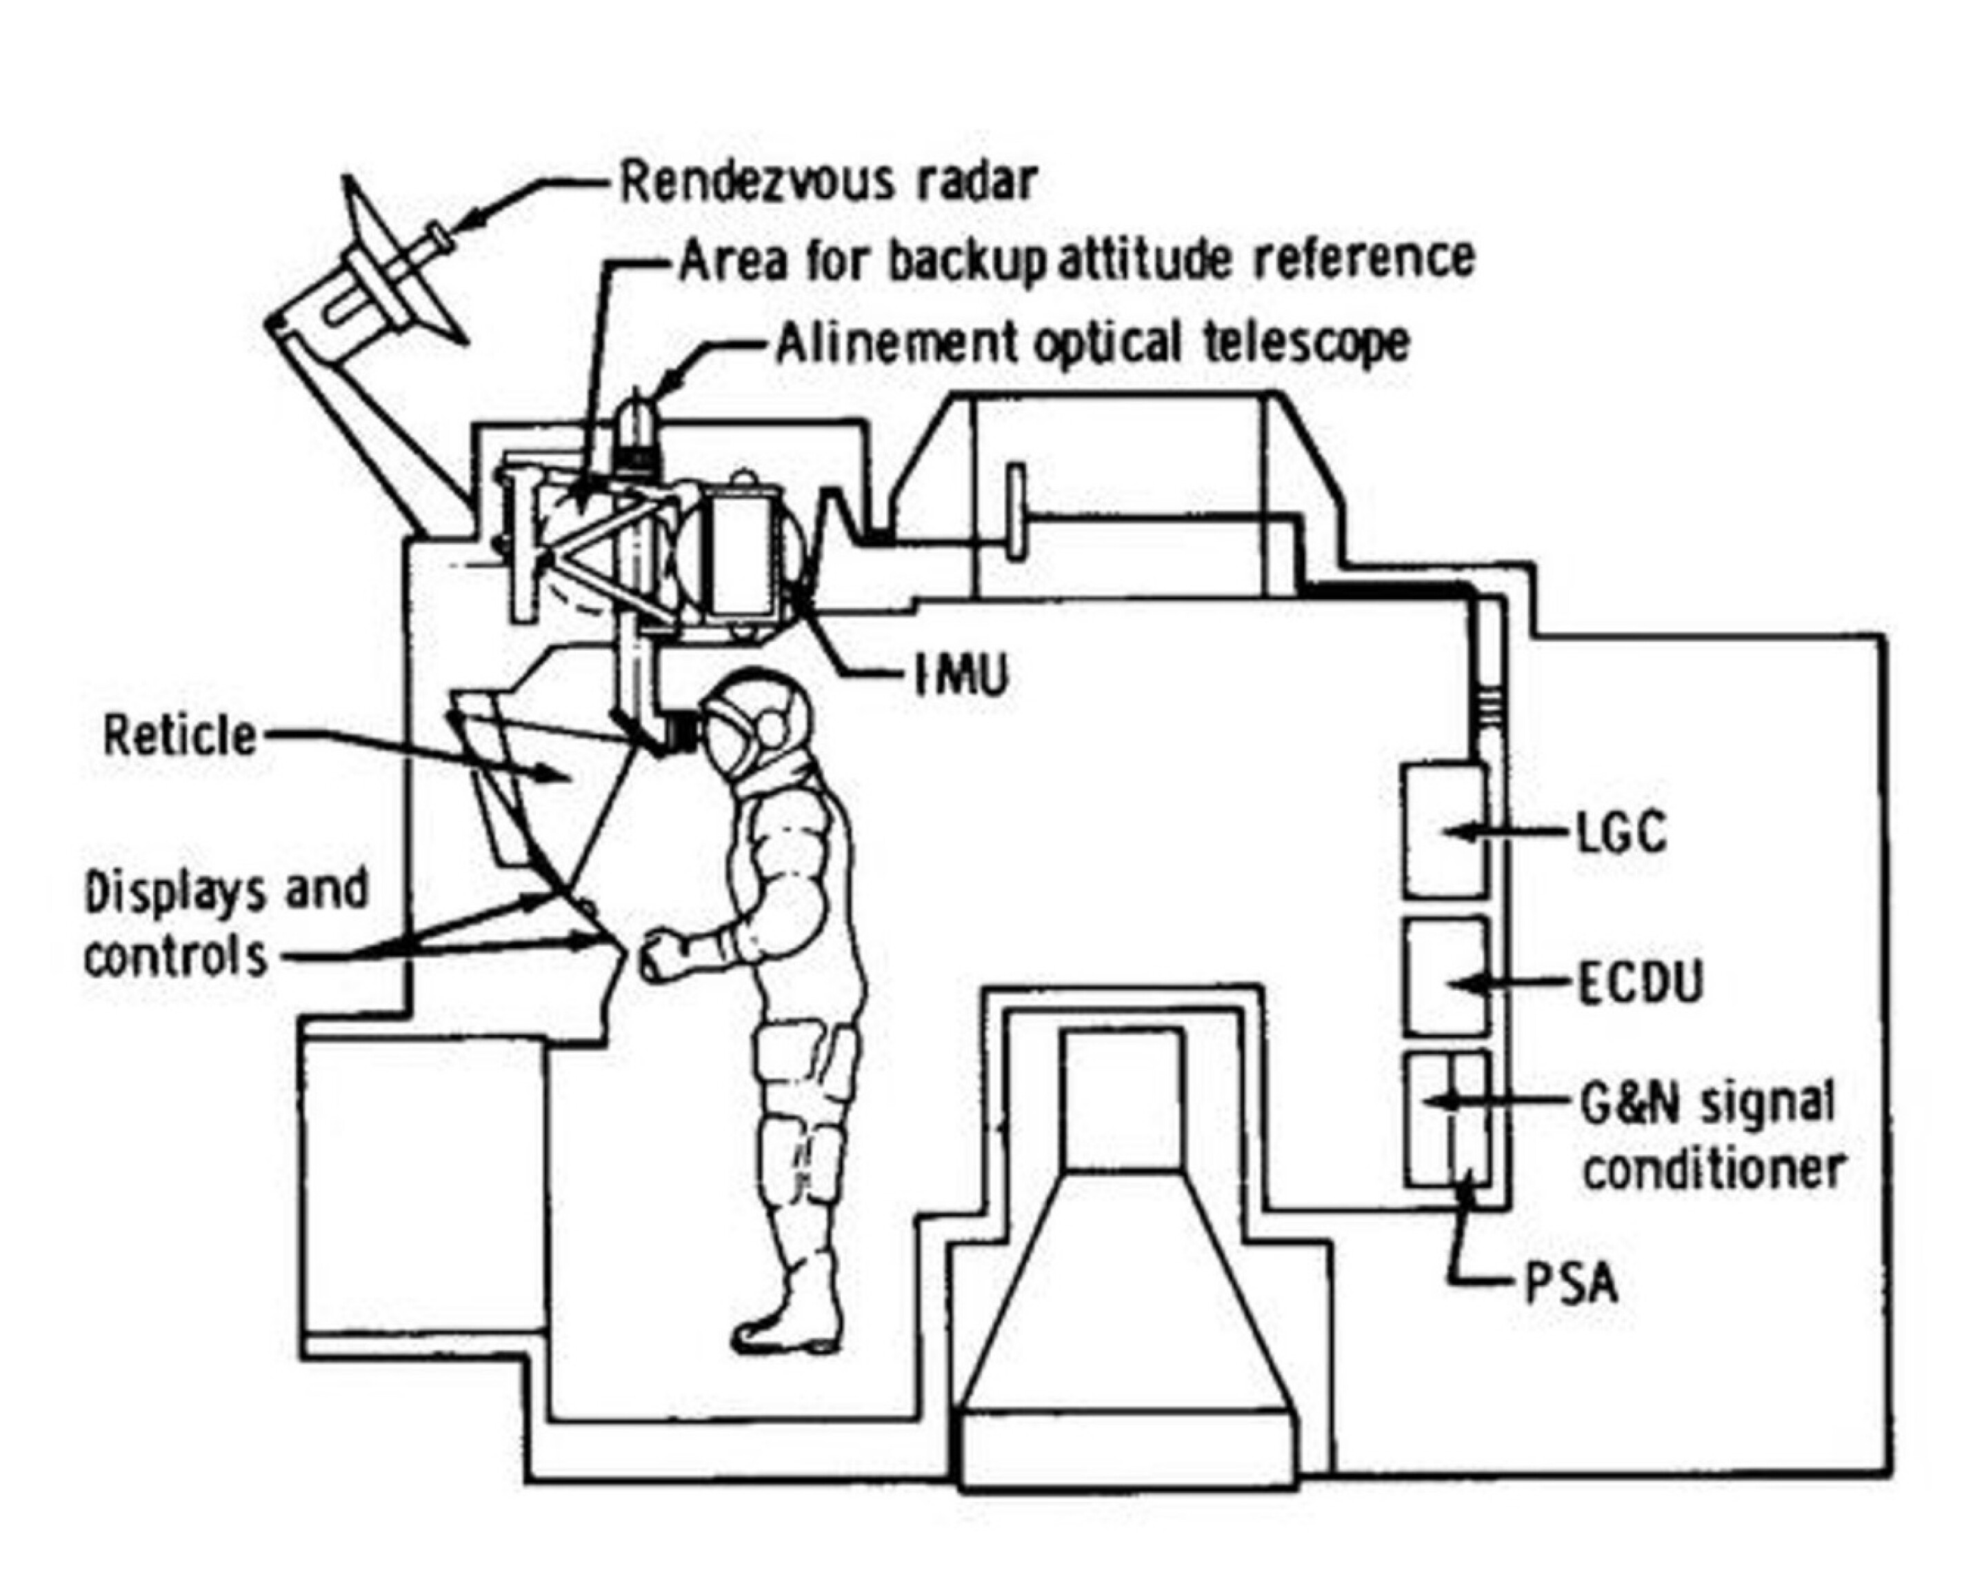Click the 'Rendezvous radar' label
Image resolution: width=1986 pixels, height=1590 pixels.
pyautogui.click(x=828, y=181)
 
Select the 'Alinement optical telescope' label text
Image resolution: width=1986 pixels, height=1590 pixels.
pyautogui.click(x=1092, y=343)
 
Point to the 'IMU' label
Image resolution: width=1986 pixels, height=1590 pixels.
pyautogui.click(x=961, y=675)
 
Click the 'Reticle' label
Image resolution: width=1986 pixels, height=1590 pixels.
pyautogui.click(x=179, y=737)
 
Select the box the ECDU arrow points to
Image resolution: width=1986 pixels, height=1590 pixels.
pyautogui.click(x=1445, y=976)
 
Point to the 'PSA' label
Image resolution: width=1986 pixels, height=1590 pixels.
pyautogui.click(x=1572, y=1283)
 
